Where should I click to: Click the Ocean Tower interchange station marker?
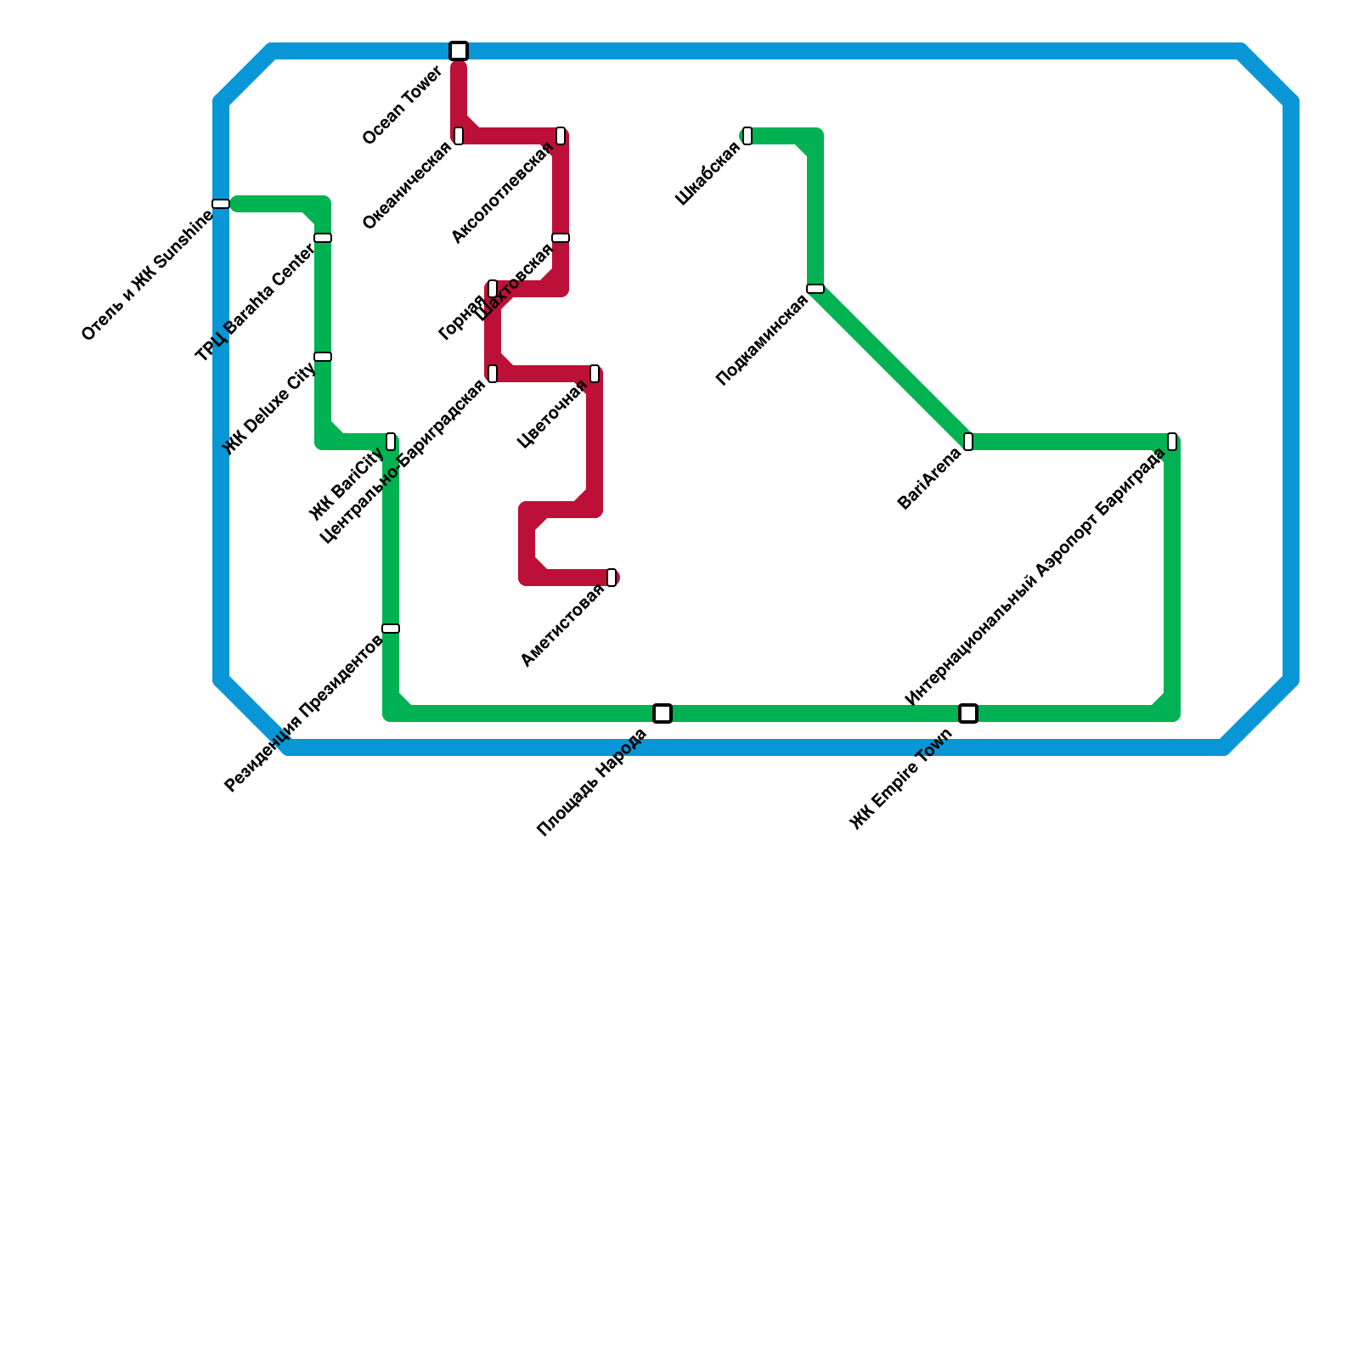[x=459, y=51]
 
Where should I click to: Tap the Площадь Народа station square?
[x=663, y=713]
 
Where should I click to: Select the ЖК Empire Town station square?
[x=968, y=713]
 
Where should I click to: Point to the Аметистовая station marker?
[x=612, y=578]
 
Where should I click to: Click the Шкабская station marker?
[x=747, y=136]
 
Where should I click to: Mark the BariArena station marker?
[x=968, y=442]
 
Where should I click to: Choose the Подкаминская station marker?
[x=815, y=289]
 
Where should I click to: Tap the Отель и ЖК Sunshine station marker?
[x=221, y=204]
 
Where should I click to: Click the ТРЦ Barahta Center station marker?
[x=323, y=238]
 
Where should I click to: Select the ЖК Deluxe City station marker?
[x=323, y=357]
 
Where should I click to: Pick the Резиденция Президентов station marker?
[x=391, y=629]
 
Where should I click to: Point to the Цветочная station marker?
[x=595, y=374]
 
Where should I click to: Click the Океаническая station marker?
[x=459, y=136]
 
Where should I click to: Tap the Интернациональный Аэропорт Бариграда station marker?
[x=1172, y=442]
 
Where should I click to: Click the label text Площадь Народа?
[x=593, y=782]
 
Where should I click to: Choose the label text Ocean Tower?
[x=403, y=106]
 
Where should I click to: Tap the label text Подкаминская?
[x=762, y=340]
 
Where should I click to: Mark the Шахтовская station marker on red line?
[x=561, y=238]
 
